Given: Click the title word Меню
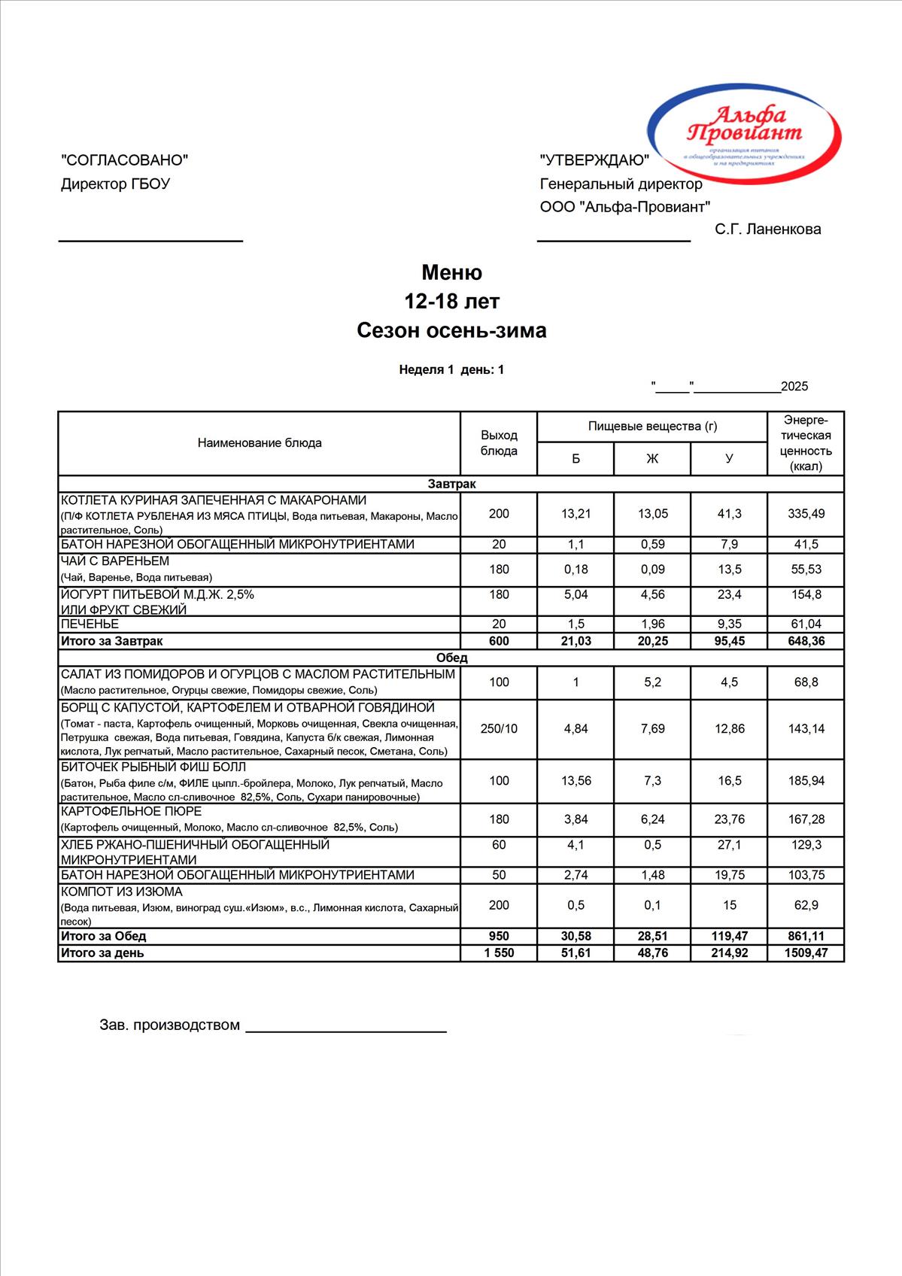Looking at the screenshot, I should coord(451,272).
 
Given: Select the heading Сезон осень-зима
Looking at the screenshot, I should coord(451,330).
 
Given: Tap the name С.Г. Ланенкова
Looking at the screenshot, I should coord(767,229).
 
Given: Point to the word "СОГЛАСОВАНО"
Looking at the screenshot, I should coord(124,159).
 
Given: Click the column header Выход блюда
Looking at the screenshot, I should coord(499,443).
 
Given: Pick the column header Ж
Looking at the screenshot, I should coord(652,458).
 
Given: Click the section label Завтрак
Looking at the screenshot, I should coord(451,484).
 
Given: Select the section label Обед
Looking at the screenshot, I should coord(451,658).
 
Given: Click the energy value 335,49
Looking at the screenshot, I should coord(806,514).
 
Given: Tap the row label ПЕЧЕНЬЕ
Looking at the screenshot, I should coord(90,624).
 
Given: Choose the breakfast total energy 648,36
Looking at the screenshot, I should coord(806,641).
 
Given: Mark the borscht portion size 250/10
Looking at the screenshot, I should coord(499,728).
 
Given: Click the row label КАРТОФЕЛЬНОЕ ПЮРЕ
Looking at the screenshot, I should coord(131,811).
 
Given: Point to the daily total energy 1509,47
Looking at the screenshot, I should coord(806,952).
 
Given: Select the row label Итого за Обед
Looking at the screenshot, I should coord(103,936).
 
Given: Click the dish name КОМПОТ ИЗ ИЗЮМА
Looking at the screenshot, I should coord(121,892).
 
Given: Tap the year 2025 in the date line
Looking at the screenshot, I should coord(794,387).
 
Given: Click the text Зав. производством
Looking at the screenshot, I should coord(169,1025).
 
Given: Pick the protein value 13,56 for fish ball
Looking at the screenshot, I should coord(576,781).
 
